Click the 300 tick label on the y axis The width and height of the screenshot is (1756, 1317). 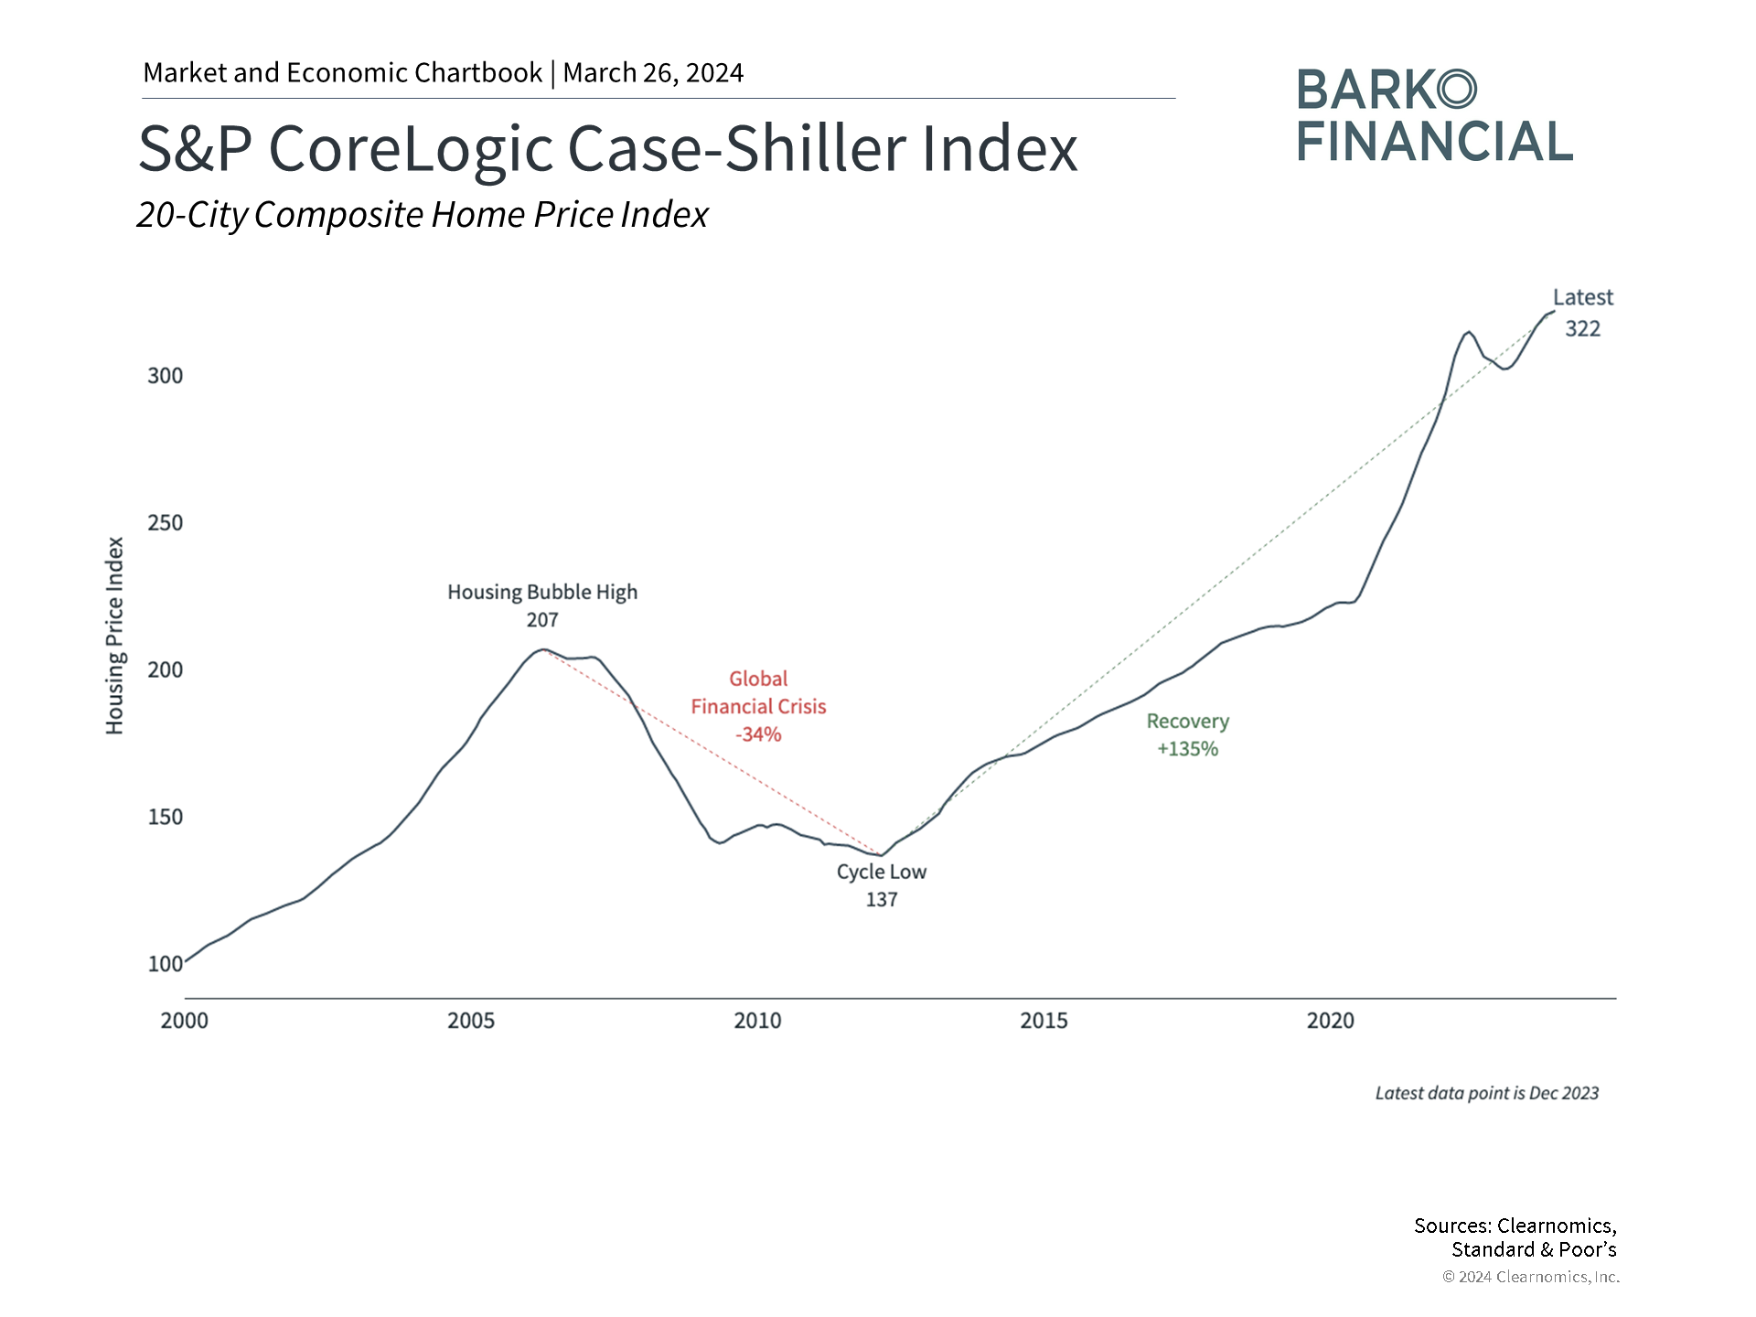165,376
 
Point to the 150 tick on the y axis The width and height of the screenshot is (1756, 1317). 165,817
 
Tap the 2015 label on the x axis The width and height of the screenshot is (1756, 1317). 1044,1021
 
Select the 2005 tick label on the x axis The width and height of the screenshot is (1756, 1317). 470,1021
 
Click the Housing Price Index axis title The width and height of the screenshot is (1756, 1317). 114,636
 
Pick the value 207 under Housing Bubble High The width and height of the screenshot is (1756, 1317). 542,620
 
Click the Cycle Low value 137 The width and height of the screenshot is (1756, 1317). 882,900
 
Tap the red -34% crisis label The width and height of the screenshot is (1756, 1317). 758,734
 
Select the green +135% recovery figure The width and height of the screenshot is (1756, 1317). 1187,749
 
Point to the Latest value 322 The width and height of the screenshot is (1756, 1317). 1582,329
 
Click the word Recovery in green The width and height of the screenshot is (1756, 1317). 1187,722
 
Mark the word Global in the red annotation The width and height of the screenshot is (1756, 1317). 758,679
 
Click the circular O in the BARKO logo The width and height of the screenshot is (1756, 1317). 1456,90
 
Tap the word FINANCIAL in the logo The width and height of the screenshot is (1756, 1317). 1434,142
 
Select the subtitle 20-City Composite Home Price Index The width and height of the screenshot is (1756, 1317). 423,215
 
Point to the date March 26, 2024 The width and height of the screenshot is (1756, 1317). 653,73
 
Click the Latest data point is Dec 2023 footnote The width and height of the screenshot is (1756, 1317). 1486,1093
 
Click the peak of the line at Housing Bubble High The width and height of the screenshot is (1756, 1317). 544,649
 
